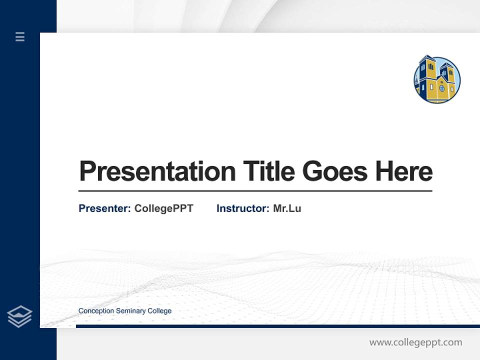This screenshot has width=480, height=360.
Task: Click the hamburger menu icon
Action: click(x=20, y=36)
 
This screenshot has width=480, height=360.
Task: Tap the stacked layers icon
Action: click(x=19, y=316)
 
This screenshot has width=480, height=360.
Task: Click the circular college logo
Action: click(x=437, y=79)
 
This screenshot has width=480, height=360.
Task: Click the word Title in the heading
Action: click(x=269, y=171)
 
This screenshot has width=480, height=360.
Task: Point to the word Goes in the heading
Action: click(x=335, y=171)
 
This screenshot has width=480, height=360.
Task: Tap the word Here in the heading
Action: click(x=404, y=171)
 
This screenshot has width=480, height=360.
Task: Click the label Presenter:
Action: click(x=104, y=208)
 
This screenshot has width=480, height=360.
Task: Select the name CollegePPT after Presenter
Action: click(x=163, y=208)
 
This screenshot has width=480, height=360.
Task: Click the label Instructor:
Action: click(x=242, y=208)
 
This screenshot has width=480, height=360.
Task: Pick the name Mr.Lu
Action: click(x=287, y=208)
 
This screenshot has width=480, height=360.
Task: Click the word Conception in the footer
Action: click(x=96, y=311)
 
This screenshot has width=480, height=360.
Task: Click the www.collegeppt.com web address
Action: click(x=415, y=342)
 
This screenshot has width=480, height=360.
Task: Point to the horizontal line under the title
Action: click(x=255, y=190)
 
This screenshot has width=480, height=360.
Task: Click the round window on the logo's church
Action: click(x=441, y=88)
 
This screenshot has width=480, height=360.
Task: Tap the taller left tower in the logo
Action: click(x=427, y=75)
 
